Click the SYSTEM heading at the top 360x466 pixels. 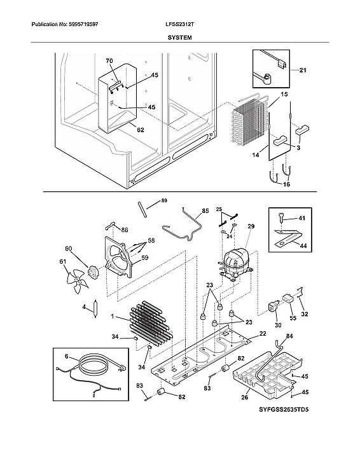(179, 38)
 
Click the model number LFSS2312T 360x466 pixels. (179, 24)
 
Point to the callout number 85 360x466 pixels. (205, 210)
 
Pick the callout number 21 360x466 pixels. (302, 70)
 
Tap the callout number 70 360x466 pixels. (109, 61)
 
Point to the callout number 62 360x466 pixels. (140, 130)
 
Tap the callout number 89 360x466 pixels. (164, 201)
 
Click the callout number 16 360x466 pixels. (286, 184)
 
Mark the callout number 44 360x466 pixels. (302, 245)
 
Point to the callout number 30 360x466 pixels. (277, 325)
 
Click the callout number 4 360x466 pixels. (83, 307)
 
